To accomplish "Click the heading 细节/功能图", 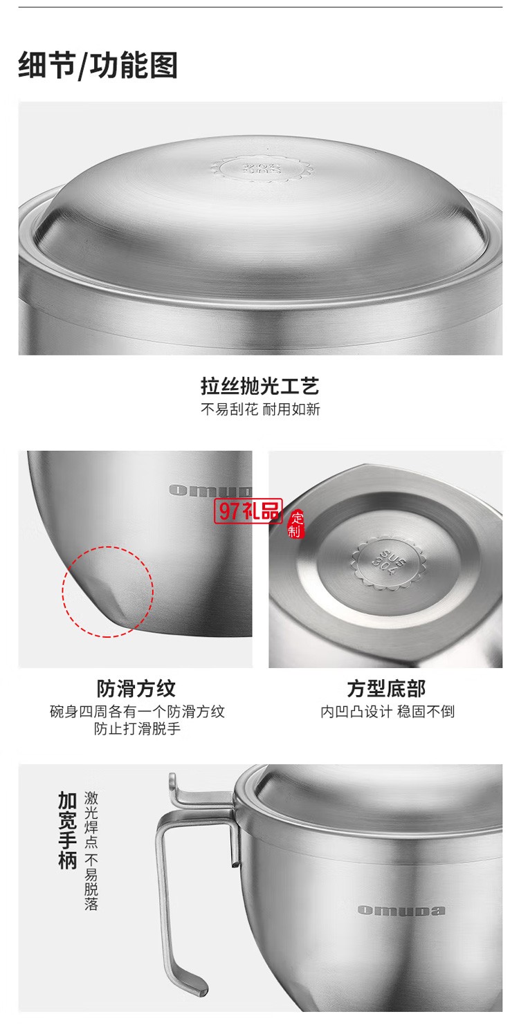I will (98, 66).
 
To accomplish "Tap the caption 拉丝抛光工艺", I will (260, 386).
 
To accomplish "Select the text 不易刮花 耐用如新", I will (260, 409).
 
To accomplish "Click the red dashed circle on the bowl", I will (108, 591).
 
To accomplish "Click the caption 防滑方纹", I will (136, 689).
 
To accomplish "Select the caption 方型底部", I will (386, 689).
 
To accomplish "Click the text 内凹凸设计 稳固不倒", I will (387, 712).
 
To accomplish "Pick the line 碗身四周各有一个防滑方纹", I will (137, 712).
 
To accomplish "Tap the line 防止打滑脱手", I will (137, 729).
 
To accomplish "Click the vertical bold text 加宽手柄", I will (67, 831).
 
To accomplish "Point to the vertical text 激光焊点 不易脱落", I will (91, 851).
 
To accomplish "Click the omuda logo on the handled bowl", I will (401, 910).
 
